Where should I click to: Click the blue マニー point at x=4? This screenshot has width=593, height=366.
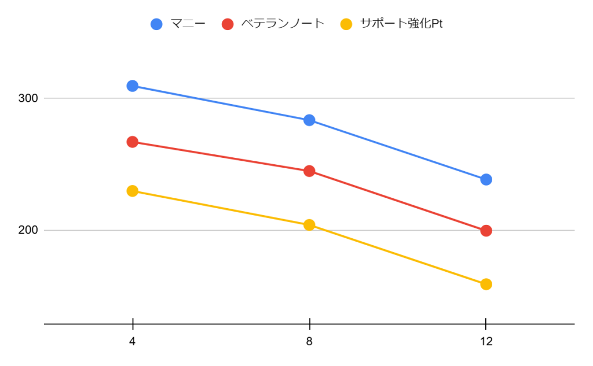coord(133,86)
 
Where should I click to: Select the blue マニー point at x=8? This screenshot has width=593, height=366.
coord(309,120)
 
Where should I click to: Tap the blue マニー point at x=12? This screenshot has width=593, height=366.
coord(486,180)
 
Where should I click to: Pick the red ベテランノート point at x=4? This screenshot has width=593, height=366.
coord(133,142)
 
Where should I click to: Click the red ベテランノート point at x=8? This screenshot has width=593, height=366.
coord(309,171)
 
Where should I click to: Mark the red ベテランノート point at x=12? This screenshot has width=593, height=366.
coord(486,231)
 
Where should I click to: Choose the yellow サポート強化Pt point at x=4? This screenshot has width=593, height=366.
coord(133,191)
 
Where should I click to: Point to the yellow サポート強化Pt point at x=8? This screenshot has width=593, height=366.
coord(309,225)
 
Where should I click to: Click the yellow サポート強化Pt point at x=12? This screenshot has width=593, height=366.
coord(486,284)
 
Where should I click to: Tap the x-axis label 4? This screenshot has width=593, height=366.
coord(133,342)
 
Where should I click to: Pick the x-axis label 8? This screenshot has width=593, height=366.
coord(309,342)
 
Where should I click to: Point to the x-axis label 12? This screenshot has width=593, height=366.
coord(486,342)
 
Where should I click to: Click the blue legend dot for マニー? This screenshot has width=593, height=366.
coord(156,24)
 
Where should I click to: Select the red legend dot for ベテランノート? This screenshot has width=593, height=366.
coord(228,24)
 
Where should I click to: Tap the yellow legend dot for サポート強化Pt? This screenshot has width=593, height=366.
coord(346,24)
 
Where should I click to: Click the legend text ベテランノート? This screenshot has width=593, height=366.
coord(282,24)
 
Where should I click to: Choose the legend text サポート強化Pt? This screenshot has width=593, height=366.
coord(401,24)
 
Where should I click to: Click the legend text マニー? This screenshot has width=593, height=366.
coord(188,24)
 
